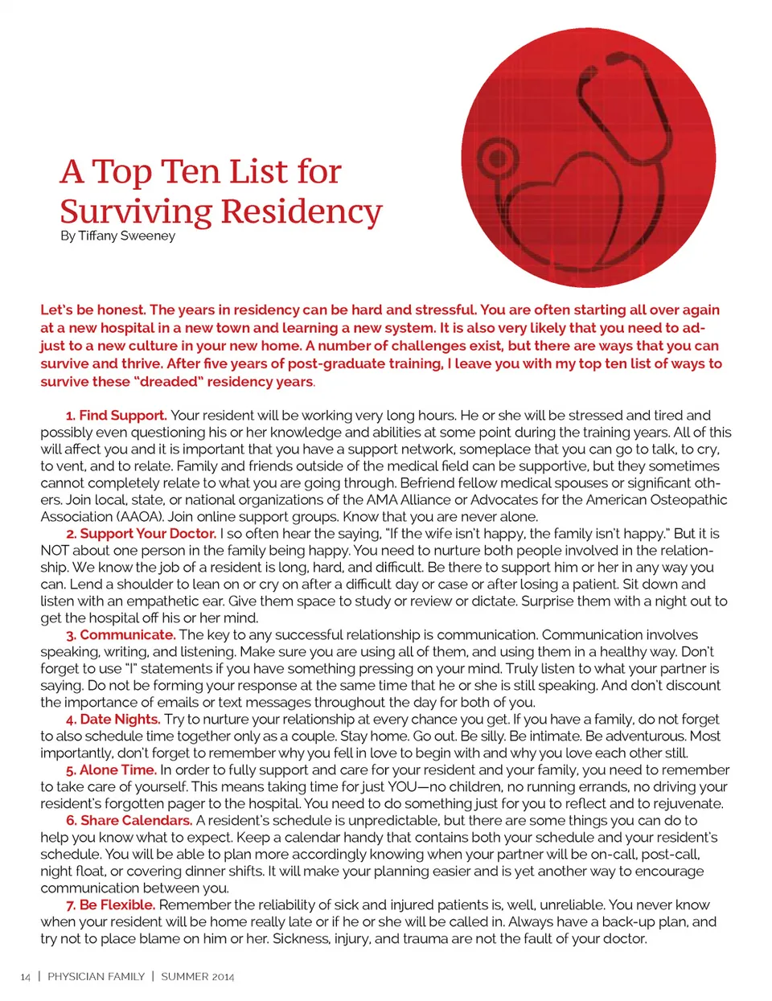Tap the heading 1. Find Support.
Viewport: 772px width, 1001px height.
[117, 416]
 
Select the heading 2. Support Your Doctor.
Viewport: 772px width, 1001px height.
[142, 534]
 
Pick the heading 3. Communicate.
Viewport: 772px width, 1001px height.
[121, 635]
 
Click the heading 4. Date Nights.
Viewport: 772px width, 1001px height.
[113, 720]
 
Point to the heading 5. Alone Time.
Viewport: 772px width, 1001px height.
[112, 770]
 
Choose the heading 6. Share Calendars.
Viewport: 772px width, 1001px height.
[129, 821]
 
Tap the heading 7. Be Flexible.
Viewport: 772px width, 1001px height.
[111, 905]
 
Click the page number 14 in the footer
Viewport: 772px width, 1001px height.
[25, 977]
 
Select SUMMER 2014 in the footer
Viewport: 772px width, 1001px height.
[198, 977]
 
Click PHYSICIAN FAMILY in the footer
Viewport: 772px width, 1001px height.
[96, 977]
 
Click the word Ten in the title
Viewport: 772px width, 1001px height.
[191, 172]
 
